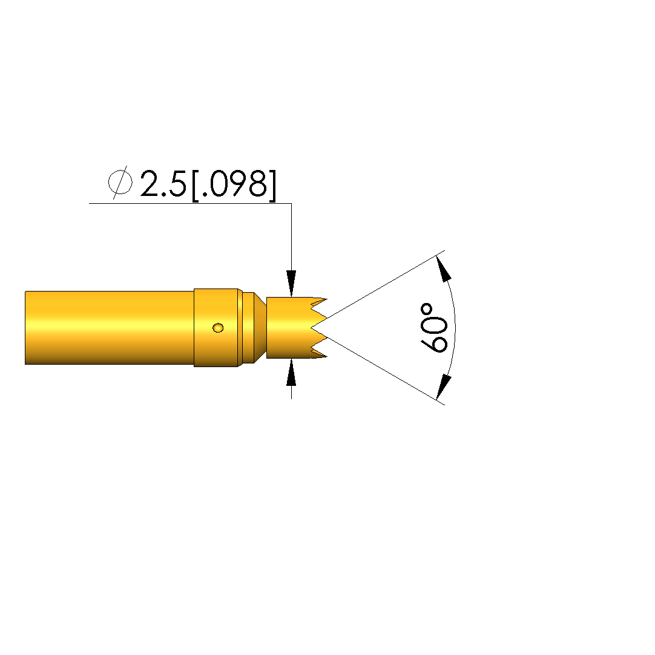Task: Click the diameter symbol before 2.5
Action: coord(120,183)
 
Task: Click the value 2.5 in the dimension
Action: coord(163,183)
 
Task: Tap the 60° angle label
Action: coord(433,328)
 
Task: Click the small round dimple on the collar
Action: coord(218,328)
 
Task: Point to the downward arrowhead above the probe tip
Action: coord(291,283)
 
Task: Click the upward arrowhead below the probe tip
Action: coord(291,372)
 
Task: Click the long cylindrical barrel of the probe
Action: coord(110,328)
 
